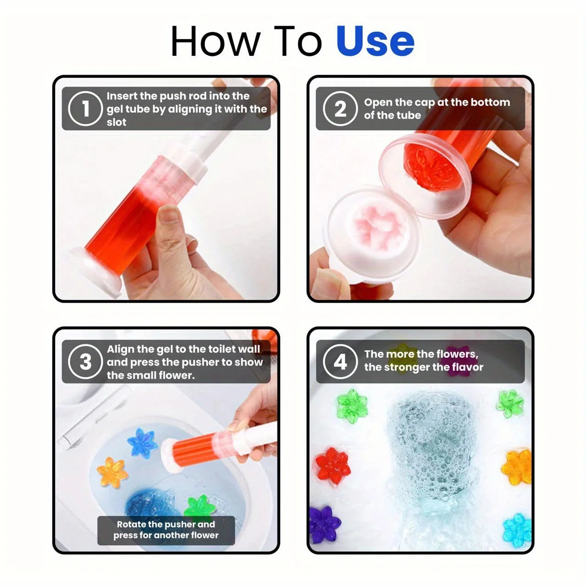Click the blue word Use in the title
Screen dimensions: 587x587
click(375, 41)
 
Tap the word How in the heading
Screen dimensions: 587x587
click(214, 41)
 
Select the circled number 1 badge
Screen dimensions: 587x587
click(85, 109)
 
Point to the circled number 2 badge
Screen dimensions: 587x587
click(340, 109)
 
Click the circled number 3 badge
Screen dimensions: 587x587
click(85, 362)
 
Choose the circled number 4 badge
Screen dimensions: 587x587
click(340, 362)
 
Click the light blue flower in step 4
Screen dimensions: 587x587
click(517, 527)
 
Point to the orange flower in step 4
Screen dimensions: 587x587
click(518, 467)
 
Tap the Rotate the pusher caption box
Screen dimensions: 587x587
click(166, 530)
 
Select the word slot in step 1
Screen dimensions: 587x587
click(116, 122)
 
